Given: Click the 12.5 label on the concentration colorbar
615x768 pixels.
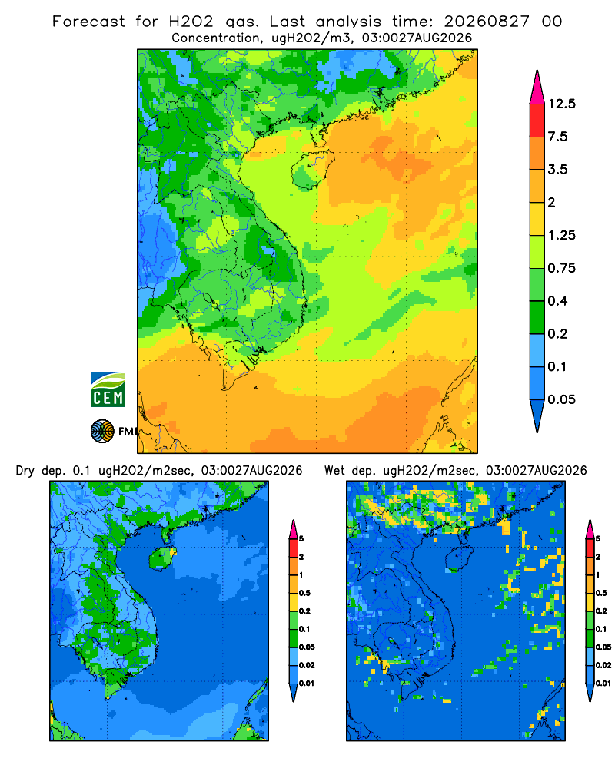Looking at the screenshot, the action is click(561, 104).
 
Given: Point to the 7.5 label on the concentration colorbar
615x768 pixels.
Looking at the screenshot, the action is click(557, 137).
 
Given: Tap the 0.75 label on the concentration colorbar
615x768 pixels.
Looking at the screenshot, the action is click(561, 268).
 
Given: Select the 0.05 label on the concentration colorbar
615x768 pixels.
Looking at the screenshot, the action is click(561, 399).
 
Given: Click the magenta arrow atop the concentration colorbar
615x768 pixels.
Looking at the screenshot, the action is click(537, 88).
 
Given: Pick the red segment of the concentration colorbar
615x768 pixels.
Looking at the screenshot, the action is click(537, 121).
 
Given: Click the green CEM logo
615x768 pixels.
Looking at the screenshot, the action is click(108, 390).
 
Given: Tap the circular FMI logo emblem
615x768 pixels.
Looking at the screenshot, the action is click(102, 431).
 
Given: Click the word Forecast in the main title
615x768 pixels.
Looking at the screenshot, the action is click(88, 22).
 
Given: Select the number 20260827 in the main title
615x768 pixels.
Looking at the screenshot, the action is click(487, 22).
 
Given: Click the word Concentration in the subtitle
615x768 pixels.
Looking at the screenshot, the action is click(216, 38).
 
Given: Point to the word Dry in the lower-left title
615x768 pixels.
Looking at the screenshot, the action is click(25, 471).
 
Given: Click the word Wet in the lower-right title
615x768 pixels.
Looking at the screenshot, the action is click(334, 471).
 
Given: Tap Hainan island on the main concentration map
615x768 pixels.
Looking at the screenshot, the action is click(312, 169).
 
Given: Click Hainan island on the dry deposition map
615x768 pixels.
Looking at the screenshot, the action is click(162, 558).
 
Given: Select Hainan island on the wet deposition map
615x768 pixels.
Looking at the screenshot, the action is click(459, 558).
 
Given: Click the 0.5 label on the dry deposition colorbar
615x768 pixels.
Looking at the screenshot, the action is click(304, 593).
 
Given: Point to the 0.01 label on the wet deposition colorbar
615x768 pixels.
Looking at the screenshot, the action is click(603, 684).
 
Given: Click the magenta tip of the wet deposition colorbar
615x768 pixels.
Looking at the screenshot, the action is click(590, 529).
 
